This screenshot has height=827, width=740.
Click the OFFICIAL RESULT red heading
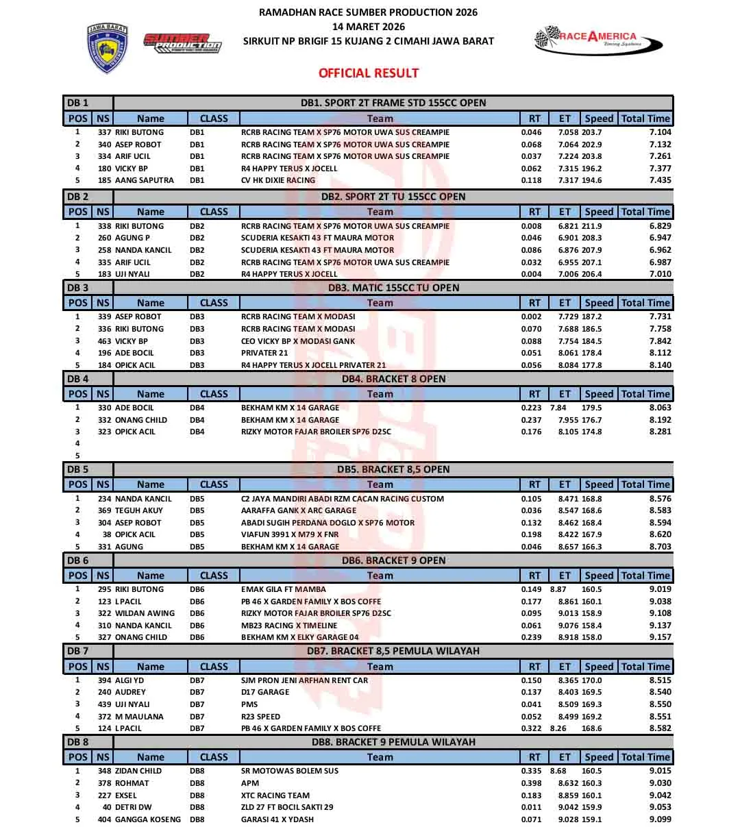point(368,73)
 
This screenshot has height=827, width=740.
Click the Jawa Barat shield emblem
point(108,48)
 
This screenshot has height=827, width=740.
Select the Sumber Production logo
point(182,42)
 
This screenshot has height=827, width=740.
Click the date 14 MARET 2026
point(368,27)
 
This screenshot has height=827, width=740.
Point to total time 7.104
point(660,132)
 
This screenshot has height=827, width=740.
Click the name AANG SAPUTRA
point(144,180)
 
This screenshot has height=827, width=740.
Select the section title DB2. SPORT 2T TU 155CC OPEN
point(393,197)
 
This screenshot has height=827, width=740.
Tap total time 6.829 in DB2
point(660,226)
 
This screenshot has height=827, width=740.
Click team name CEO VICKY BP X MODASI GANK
point(298,341)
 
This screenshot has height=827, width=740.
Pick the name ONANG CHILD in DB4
point(140,420)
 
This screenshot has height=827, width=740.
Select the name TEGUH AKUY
point(138,510)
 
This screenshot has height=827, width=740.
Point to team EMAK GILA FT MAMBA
point(283,589)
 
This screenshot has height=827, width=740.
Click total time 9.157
point(660,637)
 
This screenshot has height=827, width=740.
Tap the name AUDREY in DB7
point(130,692)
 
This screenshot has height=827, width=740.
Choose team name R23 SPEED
point(260,717)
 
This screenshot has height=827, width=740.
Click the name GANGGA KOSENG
point(148,819)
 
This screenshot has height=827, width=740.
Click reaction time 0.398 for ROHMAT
point(531,783)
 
